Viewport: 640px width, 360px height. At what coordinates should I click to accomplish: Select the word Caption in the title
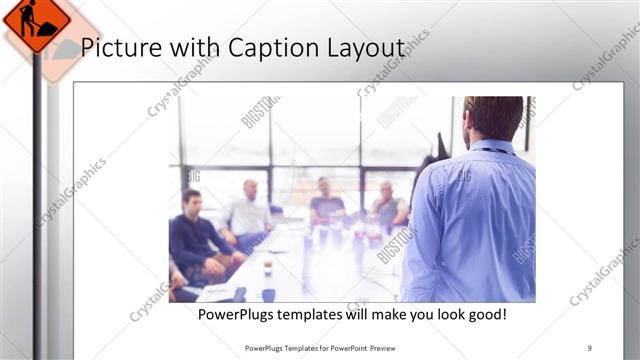[269, 49]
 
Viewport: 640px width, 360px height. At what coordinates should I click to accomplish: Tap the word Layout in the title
[367, 49]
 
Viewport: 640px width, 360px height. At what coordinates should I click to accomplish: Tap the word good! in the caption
[483, 315]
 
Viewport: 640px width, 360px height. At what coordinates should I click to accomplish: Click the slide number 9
[589, 348]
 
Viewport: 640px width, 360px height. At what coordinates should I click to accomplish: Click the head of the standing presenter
[494, 118]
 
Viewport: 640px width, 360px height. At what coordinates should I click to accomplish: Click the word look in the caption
[441, 315]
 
